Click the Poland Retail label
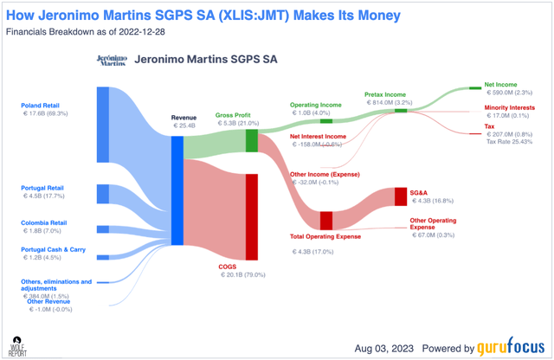pos(43,106)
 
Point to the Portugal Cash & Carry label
pos(54,249)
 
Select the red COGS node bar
pos(252,216)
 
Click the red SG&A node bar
pos(401,196)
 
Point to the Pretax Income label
pos(386,94)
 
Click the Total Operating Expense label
pos(325,235)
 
